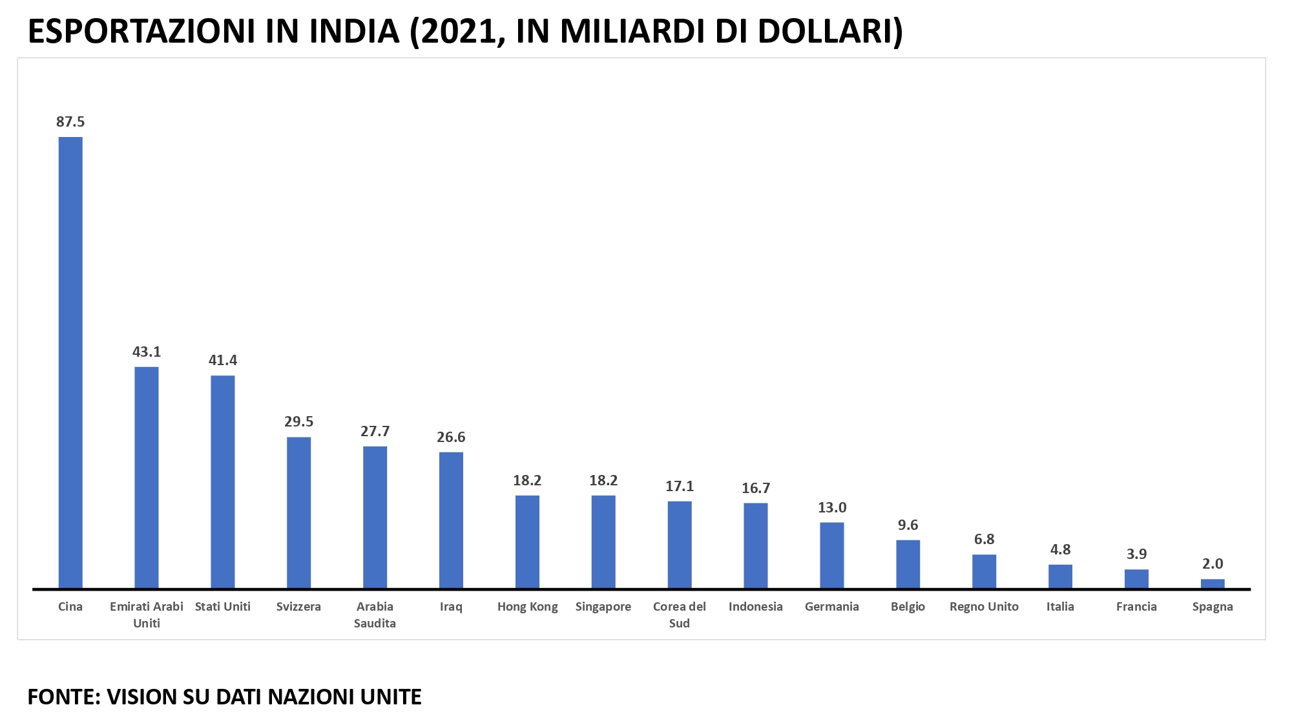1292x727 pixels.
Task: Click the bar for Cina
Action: (x=70, y=362)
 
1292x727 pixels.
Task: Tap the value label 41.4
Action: (x=223, y=360)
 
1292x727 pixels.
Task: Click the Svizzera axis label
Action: (x=298, y=606)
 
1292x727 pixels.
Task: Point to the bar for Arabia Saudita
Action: (x=375, y=517)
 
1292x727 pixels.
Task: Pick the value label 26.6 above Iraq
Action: (x=451, y=437)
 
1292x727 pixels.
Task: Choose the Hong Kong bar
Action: (x=527, y=542)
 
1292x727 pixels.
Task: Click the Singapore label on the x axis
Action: (x=603, y=606)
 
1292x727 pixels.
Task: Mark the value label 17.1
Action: (x=680, y=486)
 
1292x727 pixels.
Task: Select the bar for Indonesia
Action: (x=756, y=545)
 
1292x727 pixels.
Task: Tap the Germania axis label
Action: (x=832, y=606)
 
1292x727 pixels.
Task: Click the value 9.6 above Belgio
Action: (x=908, y=525)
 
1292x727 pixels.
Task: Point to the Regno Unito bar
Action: (x=984, y=571)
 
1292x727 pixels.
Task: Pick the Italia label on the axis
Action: (x=1060, y=606)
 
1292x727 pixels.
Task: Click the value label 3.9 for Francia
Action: (x=1136, y=554)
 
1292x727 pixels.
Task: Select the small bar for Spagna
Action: (x=1213, y=584)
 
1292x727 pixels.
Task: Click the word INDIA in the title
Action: (x=354, y=31)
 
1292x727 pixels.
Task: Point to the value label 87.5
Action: (x=70, y=121)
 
